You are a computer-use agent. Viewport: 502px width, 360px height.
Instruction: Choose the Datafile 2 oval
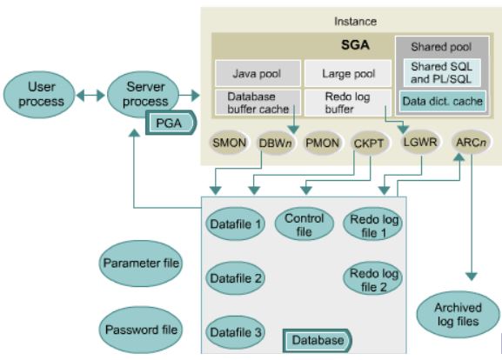click(x=235, y=279)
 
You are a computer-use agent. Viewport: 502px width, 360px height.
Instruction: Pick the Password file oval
click(x=142, y=330)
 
